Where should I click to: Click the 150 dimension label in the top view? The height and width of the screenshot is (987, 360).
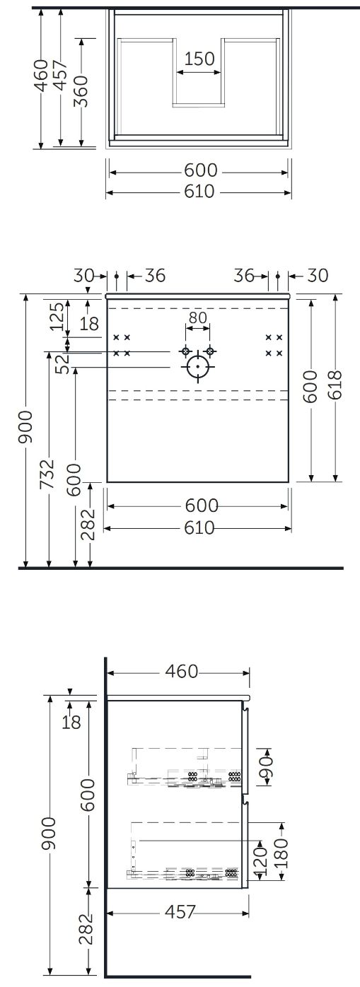[199, 59]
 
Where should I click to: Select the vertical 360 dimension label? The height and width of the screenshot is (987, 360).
[81, 91]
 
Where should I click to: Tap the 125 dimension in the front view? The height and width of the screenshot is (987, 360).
[57, 316]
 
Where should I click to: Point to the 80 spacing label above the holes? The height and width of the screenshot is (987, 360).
[197, 317]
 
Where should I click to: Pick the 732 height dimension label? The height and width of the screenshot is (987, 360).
[47, 474]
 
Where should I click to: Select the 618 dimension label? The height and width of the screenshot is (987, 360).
[337, 385]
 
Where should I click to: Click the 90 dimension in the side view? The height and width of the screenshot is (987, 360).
[267, 767]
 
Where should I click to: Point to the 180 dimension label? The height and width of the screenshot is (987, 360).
[281, 853]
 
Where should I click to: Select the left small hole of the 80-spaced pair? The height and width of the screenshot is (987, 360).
[185, 351]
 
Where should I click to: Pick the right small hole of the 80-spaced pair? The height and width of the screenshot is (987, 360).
[210, 351]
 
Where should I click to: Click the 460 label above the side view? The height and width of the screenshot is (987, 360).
[182, 671]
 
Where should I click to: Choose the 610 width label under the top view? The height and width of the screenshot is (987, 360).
[199, 192]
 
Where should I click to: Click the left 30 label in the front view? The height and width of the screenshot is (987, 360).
[83, 276]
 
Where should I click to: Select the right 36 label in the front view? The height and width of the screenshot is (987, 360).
[244, 276]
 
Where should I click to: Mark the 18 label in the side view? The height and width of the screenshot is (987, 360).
[71, 722]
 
